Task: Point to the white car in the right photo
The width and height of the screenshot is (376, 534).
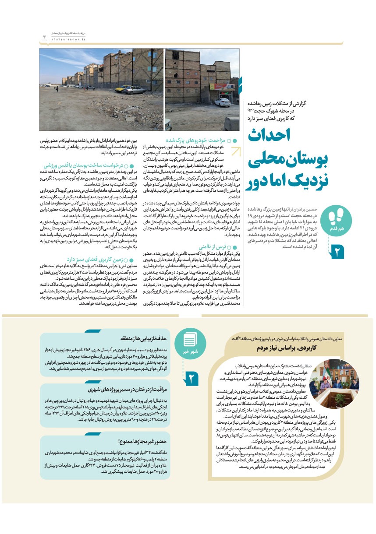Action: pos(222,102)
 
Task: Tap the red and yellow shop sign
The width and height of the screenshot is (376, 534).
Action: pos(223,87)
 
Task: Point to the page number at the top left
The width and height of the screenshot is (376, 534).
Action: pos(44,37)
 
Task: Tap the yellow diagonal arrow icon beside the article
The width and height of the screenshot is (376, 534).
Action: pos(235,151)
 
